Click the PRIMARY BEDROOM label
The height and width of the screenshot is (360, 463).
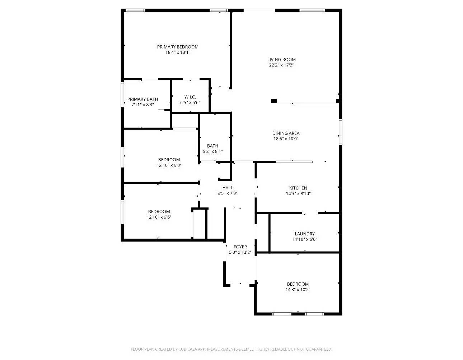(178, 47)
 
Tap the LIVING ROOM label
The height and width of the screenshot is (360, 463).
(281, 60)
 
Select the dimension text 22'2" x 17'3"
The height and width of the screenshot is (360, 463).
(281, 65)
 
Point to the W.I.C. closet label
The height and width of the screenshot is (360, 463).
(190, 97)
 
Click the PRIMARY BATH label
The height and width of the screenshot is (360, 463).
(142, 99)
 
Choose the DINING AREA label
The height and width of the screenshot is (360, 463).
(286, 133)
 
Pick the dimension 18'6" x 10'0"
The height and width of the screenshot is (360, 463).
(286, 139)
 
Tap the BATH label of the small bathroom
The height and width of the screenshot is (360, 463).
(212, 146)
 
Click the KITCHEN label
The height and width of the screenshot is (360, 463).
(298, 188)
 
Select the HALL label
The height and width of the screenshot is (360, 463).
(228, 188)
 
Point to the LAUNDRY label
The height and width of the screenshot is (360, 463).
(305, 234)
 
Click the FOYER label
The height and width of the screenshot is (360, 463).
(240, 247)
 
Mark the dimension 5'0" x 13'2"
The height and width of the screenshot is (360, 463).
(240, 252)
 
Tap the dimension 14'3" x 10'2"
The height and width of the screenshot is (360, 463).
(298, 290)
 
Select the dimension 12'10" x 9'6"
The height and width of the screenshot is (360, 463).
(159, 217)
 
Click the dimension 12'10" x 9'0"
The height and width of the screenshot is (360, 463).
(169, 165)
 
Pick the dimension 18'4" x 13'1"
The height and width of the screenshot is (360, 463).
(178, 52)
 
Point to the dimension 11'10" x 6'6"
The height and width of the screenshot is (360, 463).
(305, 239)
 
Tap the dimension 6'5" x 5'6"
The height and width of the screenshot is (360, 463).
(190, 103)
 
